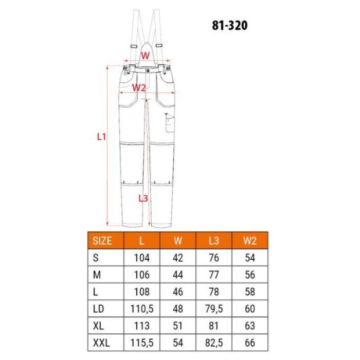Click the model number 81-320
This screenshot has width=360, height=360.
pyautogui.click(x=230, y=25)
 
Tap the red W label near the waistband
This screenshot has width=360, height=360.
pyautogui.click(x=146, y=55)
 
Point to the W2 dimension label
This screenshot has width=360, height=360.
pyautogui.click(x=139, y=87)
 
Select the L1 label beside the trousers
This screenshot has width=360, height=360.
pyautogui.click(x=101, y=137)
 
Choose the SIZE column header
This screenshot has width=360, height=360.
pyautogui.click(x=101, y=240)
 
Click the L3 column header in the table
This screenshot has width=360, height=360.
pyautogui.click(x=214, y=240)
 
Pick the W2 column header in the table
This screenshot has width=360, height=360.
pyautogui.click(x=250, y=240)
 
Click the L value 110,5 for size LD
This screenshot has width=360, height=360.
pyautogui.click(x=141, y=309)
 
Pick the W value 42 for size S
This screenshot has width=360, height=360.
pyautogui.click(x=178, y=258)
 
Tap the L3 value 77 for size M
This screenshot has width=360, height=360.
pyautogui.click(x=214, y=275)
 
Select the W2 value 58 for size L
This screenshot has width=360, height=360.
pyautogui.click(x=250, y=292)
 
